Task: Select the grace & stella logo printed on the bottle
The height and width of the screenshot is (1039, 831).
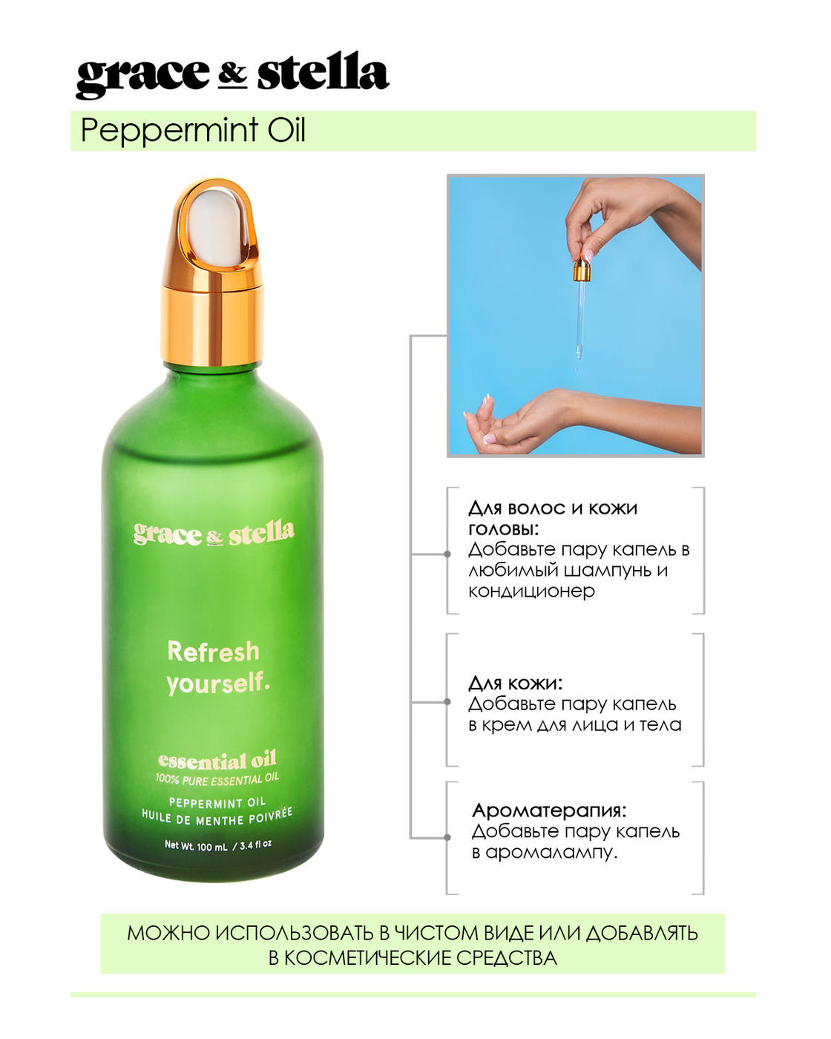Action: (x=214, y=534)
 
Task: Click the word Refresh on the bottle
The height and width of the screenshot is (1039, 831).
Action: (x=213, y=652)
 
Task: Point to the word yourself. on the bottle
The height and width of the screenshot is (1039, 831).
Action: (x=217, y=683)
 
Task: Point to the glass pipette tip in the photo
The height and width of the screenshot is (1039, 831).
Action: (x=577, y=355)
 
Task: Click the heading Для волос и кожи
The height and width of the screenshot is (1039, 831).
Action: (x=553, y=508)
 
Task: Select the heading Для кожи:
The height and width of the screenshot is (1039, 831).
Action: (x=516, y=684)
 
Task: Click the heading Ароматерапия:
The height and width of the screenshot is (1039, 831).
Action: (x=549, y=810)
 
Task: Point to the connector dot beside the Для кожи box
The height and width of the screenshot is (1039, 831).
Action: (x=447, y=701)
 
